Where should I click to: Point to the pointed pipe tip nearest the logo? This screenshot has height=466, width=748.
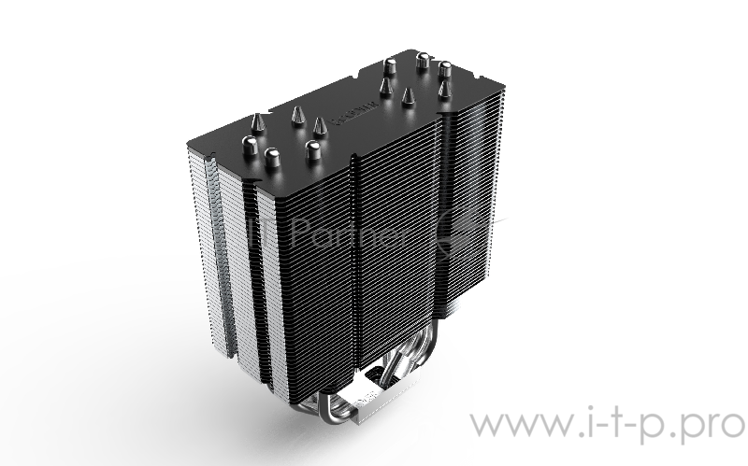pyautogui.click(x=320, y=123)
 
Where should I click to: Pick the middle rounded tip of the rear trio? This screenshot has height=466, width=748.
pyautogui.click(x=423, y=64)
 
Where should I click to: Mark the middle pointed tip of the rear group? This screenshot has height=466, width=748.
pyautogui.click(x=408, y=94)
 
